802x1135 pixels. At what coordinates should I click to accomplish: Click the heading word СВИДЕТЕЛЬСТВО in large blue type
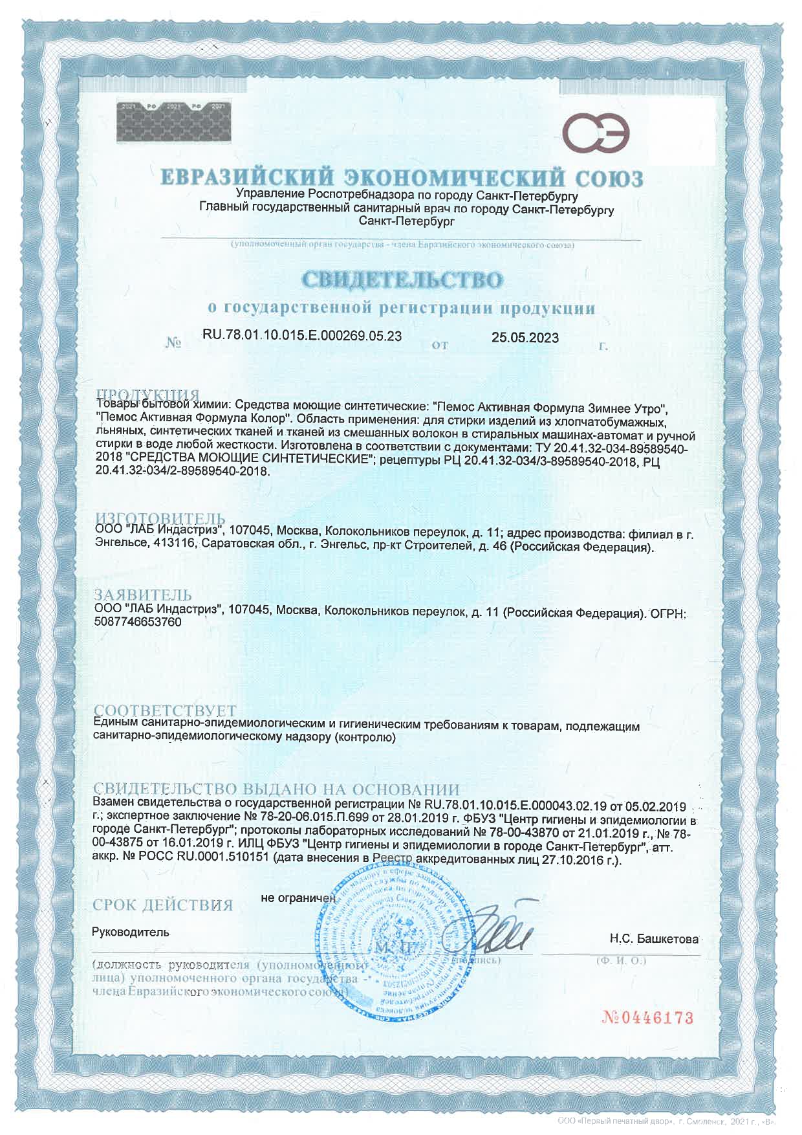pyautogui.click(x=402, y=280)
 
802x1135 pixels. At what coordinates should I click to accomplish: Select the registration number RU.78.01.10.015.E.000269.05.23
pyautogui.click(x=302, y=336)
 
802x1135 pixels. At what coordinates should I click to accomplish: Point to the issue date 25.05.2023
pyautogui.click(x=525, y=337)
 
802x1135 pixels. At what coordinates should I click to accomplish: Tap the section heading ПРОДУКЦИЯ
pyautogui.click(x=147, y=395)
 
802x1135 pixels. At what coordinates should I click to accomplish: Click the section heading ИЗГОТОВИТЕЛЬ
pyautogui.click(x=160, y=518)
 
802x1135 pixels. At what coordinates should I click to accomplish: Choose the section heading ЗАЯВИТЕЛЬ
pyautogui.click(x=143, y=595)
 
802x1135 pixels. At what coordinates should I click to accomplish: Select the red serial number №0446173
pyautogui.click(x=648, y=1018)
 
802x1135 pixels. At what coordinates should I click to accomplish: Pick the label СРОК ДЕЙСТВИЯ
pyautogui.click(x=163, y=905)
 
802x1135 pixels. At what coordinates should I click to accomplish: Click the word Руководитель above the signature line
pyautogui.click(x=131, y=932)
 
